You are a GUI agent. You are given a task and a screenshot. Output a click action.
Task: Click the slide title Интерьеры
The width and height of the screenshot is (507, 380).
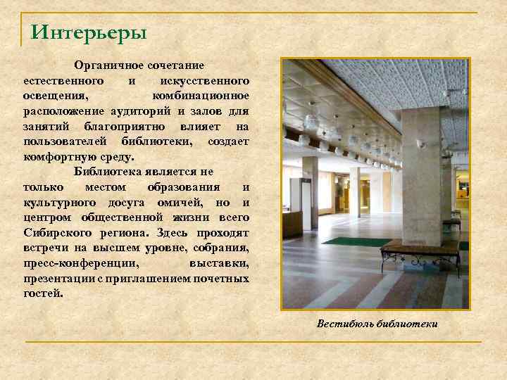[89, 32]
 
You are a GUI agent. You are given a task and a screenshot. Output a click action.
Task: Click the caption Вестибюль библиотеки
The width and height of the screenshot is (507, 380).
[377, 324]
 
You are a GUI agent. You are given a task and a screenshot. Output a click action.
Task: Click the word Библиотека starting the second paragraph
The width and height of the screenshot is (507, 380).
[107, 172]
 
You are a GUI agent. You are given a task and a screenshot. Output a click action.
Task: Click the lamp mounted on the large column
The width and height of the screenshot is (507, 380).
[421, 144]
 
